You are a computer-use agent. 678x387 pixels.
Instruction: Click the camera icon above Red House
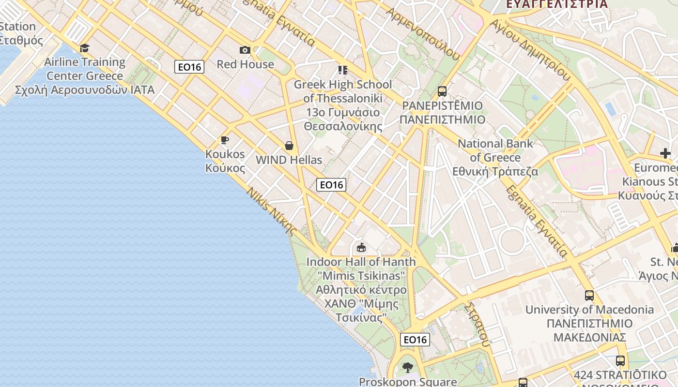(x=245, y=50)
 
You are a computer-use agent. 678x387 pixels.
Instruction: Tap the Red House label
(x=245, y=64)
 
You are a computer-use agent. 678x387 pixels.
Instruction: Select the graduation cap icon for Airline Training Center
(x=85, y=48)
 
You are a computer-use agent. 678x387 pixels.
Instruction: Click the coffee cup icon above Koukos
(x=225, y=140)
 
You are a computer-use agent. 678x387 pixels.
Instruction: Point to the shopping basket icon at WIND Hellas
(x=289, y=146)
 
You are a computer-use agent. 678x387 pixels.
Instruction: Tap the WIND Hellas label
(x=289, y=160)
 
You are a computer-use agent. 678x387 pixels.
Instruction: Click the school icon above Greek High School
(x=343, y=70)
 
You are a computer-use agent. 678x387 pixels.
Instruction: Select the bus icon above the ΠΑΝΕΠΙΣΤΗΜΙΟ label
(x=442, y=91)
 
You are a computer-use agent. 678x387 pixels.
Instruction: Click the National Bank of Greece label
(x=495, y=157)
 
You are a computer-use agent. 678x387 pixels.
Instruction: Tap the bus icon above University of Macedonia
(x=589, y=295)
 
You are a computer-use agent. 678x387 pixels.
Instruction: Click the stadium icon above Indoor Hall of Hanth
(x=361, y=248)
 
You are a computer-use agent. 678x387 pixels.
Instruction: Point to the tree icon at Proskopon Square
(x=408, y=368)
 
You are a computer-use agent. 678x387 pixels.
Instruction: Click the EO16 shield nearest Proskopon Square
(x=415, y=340)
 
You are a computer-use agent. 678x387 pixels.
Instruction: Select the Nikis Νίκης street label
(x=271, y=212)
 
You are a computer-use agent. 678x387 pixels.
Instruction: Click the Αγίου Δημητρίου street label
(x=530, y=49)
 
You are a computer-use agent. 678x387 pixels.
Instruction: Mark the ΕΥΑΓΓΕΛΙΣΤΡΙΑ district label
(x=556, y=4)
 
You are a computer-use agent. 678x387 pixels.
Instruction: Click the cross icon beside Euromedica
(x=665, y=153)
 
